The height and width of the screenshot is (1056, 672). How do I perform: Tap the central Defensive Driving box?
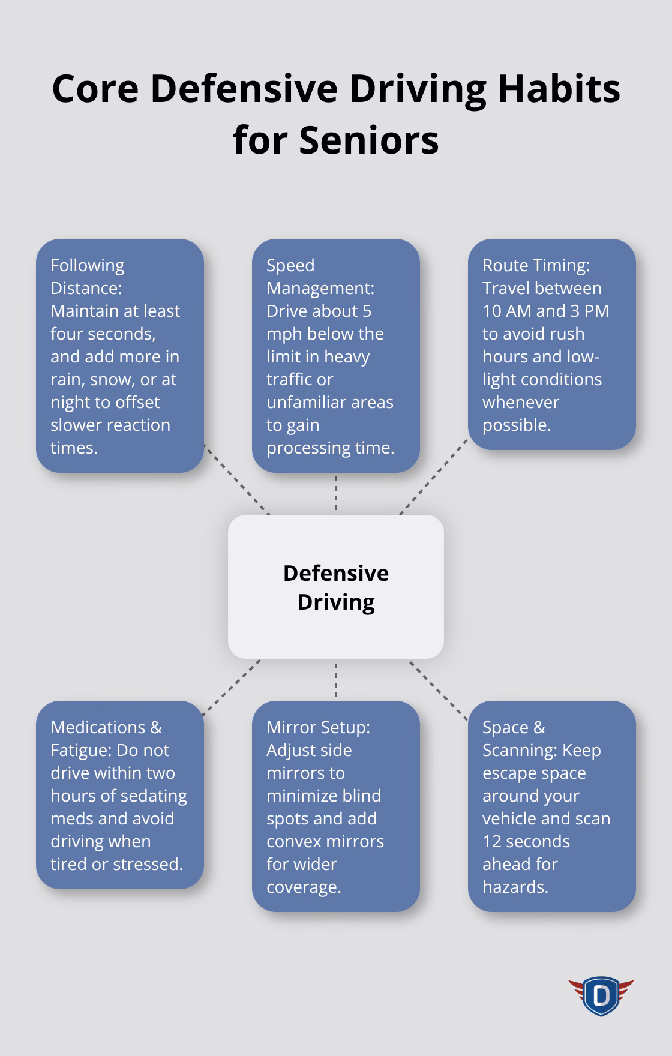pos(336,587)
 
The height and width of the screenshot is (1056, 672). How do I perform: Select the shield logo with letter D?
pos(601,996)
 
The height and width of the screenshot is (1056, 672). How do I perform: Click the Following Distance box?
pos(120,355)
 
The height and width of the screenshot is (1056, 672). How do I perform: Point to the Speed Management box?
pos(336,355)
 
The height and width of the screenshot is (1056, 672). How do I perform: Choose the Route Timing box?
pos(551,344)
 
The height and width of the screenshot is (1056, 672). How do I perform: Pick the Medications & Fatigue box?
pos(120,794)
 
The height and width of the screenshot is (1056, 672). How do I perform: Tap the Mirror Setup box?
pos(336,806)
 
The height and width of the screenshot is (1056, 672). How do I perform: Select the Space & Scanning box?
pos(551,806)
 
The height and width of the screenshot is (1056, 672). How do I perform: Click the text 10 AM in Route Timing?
pos(507,311)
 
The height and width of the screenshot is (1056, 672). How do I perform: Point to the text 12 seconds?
pos(526,841)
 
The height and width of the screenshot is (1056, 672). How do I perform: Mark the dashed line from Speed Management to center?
pos(336,493)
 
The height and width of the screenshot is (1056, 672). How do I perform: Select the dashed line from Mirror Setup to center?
pos(336,680)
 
